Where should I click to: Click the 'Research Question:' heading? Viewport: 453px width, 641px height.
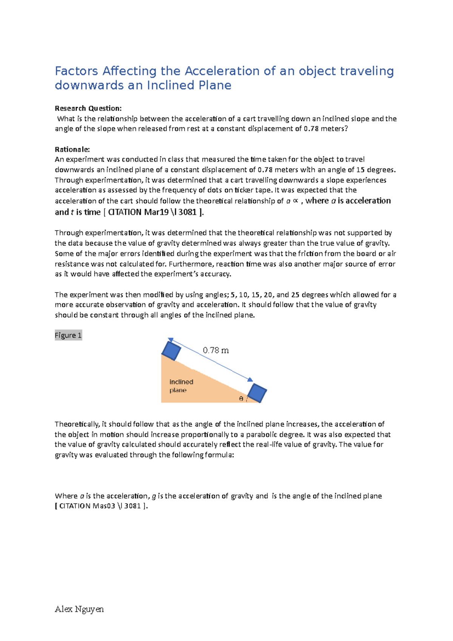(x=88, y=108)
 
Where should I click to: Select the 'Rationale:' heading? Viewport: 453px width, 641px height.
(x=72, y=149)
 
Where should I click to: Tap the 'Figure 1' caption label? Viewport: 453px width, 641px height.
(x=68, y=335)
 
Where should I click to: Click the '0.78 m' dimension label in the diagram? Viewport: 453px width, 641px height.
(x=216, y=350)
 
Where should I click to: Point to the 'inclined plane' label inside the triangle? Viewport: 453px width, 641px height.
(x=181, y=386)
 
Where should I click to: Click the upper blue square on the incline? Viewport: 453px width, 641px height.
(x=171, y=350)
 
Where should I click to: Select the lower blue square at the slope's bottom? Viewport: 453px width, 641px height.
(x=257, y=393)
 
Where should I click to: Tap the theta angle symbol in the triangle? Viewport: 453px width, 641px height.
(x=241, y=399)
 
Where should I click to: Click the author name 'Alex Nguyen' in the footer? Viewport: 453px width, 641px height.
(x=79, y=609)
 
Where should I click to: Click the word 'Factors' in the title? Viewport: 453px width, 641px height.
(x=77, y=71)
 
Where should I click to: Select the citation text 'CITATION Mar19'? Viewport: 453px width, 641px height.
(x=138, y=212)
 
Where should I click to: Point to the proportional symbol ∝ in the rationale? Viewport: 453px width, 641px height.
(x=296, y=201)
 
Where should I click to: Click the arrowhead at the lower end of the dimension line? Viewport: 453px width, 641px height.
(x=250, y=379)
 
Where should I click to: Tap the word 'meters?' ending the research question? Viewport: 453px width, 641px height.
(x=334, y=128)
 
